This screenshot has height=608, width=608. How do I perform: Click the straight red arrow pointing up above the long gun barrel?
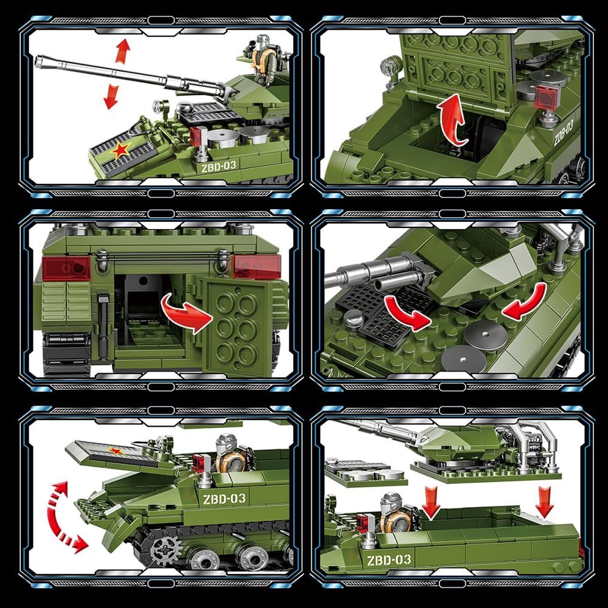(123, 50)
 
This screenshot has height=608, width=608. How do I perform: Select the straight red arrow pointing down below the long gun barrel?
(111, 97)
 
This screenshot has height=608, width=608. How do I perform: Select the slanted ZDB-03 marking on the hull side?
(563, 133)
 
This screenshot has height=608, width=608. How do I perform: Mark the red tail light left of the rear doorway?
(66, 268)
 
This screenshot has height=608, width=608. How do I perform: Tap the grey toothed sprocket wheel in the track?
(166, 551)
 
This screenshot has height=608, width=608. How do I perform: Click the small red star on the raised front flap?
(115, 451)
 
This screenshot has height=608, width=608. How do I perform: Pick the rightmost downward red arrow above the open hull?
(544, 502)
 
